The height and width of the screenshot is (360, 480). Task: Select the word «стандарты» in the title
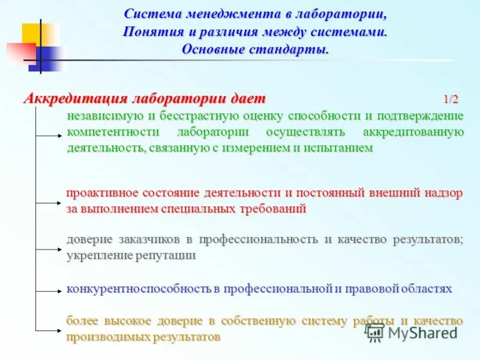[295, 49]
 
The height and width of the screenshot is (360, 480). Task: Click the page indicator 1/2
[451, 99]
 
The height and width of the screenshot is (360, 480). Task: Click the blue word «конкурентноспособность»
[139, 289]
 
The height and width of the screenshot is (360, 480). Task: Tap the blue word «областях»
[427, 289]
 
